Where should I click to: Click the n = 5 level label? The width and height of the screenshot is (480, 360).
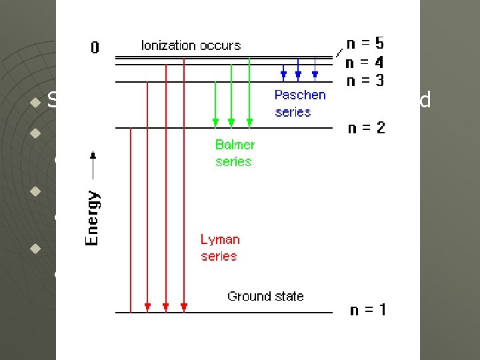click(365, 44)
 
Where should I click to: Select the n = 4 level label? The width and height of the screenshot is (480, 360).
click(365, 63)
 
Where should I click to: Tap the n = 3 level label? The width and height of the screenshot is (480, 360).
click(365, 81)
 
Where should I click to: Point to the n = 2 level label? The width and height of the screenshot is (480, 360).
click(366, 127)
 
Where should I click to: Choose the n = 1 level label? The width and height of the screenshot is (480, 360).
click(367, 310)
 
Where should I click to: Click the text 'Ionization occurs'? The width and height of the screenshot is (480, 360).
click(191, 45)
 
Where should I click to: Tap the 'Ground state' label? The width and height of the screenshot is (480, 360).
click(265, 296)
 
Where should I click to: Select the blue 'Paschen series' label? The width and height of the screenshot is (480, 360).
click(300, 103)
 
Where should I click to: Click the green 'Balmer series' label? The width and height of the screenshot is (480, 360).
click(235, 153)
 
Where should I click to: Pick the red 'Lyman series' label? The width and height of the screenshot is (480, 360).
click(219, 247)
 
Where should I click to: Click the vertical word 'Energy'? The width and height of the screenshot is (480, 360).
click(93, 218)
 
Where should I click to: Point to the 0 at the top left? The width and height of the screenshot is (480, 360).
click(95, 47)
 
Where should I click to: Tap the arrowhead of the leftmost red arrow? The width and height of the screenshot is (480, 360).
click(147, 307)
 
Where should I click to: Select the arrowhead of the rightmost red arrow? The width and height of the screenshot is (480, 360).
click(184, 307)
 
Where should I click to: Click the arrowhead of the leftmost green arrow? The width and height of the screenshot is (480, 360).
click(215, 123)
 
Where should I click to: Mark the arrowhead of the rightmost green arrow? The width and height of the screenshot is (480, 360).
click(249, 123)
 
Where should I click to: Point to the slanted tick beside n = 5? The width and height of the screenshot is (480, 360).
click(340, 52)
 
